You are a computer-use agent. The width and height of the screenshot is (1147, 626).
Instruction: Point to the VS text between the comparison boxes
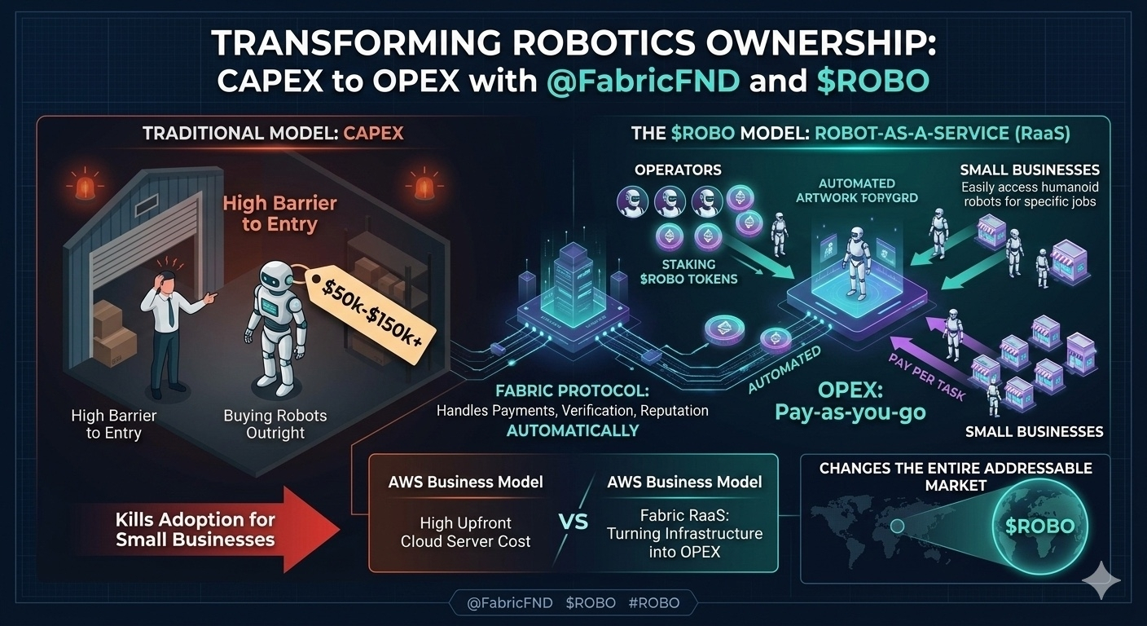575,522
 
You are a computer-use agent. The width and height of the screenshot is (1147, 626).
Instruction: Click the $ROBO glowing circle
1039,526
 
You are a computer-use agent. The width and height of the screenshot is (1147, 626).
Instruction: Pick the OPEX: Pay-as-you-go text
861,400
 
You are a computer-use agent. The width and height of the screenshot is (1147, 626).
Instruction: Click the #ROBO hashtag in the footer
654,603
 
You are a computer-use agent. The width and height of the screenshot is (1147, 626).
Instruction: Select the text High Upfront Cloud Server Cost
466,531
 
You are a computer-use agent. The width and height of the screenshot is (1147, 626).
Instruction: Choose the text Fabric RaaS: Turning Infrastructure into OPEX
684,533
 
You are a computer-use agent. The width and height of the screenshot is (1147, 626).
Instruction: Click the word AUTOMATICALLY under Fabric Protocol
573,430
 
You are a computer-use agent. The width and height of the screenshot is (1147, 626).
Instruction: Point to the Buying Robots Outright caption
275,423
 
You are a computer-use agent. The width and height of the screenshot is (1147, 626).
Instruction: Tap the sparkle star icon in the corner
1101,579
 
